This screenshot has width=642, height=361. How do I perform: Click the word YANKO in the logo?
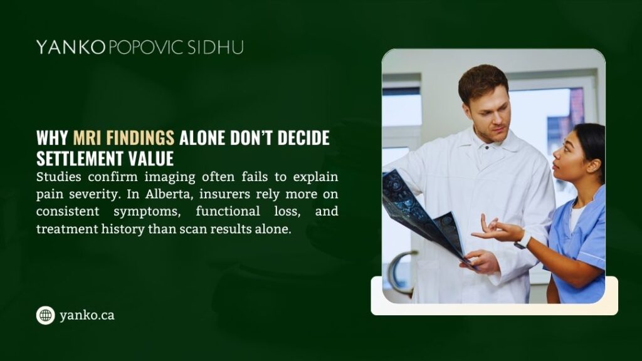click(71, 47)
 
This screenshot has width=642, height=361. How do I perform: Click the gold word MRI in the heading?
click(87, 138)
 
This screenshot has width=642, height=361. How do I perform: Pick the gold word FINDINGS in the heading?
click(140, 138)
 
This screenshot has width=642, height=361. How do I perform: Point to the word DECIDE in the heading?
click(303, 138)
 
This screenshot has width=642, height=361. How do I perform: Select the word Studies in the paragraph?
click(58, 177)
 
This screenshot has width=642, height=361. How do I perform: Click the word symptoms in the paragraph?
click(147, 212)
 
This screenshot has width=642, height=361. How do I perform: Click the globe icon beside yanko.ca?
click(45, 315)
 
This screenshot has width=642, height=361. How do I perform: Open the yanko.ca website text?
click(87, 315)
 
